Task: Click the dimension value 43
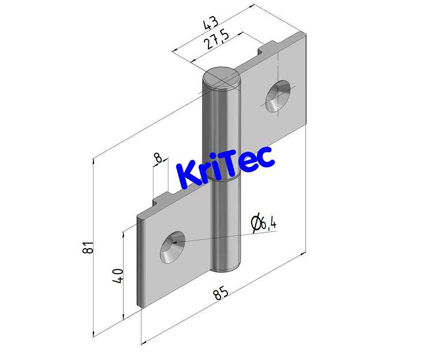[211, 24]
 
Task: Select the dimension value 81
[88, 247]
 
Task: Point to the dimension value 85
[221, 294]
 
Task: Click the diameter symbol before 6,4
[255, 223]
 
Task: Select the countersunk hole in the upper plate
[279, 96]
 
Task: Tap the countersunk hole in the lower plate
[173, 247]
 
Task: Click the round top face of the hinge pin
[221, 78]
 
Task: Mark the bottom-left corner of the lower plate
[140, 305]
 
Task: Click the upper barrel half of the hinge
[221, 127]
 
